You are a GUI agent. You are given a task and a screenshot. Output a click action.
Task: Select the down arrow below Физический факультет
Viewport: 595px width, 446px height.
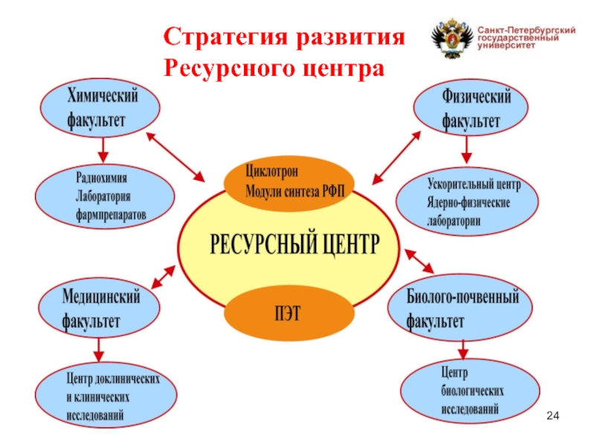pos(466,151)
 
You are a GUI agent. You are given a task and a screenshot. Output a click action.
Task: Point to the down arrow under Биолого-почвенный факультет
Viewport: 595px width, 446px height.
pos(463,348)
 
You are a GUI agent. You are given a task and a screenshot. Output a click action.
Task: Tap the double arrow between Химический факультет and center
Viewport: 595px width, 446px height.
pos(176,157)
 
